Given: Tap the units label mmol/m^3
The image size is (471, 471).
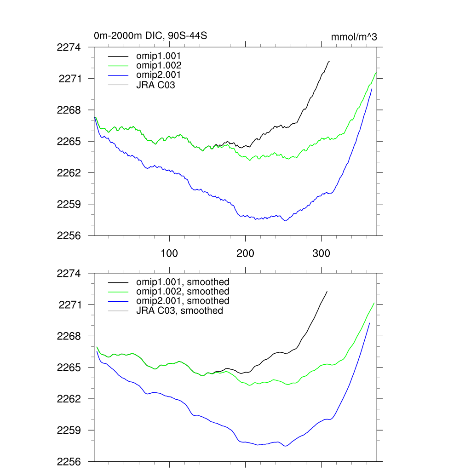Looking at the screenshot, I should (x=354, y=37).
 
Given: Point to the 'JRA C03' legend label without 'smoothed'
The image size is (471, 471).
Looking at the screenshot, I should (x=155, y=85).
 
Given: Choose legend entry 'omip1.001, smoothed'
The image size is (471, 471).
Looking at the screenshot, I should (x=183, y=281).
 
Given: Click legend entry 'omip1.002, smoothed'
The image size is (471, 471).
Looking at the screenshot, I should (x=183, y=291).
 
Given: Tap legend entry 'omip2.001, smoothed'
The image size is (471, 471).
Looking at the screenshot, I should (x=183, y=301).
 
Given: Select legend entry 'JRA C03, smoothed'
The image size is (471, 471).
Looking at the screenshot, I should (x=179, y=310).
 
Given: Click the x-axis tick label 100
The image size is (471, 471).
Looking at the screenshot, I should (x=169, y=253).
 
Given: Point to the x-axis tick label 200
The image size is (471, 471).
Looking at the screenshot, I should (x=245, y=253).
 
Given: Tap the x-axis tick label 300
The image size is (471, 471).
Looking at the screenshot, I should (x=321, y=253).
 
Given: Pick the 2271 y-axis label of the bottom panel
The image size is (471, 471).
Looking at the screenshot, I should (x=69, y=304).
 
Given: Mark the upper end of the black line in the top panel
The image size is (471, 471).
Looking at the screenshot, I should (x=329, y=61).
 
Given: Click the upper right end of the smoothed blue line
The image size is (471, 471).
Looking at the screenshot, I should (x=369, y=323).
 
